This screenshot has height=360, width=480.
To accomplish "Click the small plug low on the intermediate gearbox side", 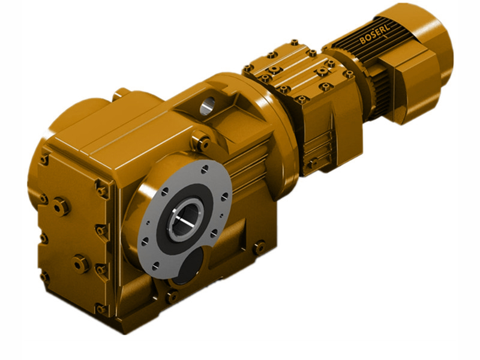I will (x=312, y=163).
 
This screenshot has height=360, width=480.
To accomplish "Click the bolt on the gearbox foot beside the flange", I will (x=259, y=246).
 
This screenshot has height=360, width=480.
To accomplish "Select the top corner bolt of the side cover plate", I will (x=44, y=159).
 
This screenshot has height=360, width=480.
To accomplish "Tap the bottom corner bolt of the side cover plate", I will (x=101, y=308).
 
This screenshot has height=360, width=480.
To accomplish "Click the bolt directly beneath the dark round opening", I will (x=173, y=296).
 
